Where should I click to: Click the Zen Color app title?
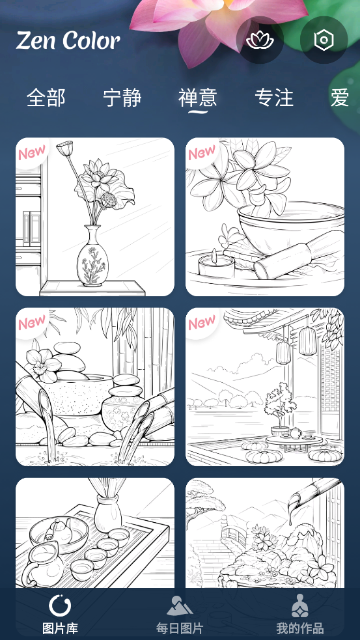(x=68, y=40)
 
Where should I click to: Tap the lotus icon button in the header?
(x=260, y=40)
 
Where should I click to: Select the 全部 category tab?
(x=46, y=98)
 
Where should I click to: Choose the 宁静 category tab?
(x=122, y=98)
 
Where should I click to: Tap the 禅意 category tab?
(x=197, y=98)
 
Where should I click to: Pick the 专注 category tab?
(x=274, y=98)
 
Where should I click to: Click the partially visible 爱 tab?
(x=340, y=98)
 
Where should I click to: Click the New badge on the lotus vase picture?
(x=31, y=152)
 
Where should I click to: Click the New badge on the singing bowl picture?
(x=202, y=152)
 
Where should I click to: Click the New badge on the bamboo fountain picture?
(x=31, y=322)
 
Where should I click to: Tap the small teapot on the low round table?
(x=296, y=433)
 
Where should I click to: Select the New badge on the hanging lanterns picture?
(x=202, y=322)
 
